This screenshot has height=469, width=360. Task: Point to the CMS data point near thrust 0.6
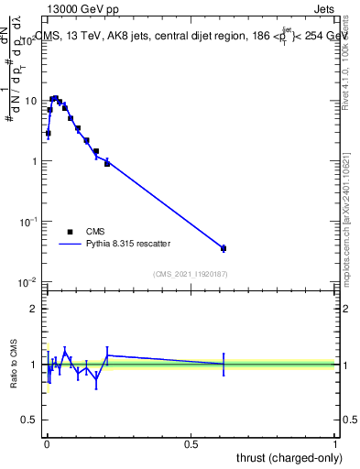[x=224, y=248]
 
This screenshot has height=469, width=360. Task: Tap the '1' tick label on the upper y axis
[x=34, y=161]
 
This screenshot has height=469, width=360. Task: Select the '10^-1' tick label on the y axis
[x=28, y=221]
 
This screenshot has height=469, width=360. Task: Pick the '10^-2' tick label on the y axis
[x=28, y=281]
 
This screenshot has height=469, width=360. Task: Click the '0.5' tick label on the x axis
[x=191, y=444]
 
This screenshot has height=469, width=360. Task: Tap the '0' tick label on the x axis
[x=46, y=444]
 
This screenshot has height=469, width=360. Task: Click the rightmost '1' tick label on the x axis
[x=336, y=444]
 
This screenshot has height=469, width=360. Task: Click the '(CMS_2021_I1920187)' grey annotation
[x=191, y=273]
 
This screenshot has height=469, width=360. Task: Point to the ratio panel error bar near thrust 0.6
[x=224, y=364]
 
